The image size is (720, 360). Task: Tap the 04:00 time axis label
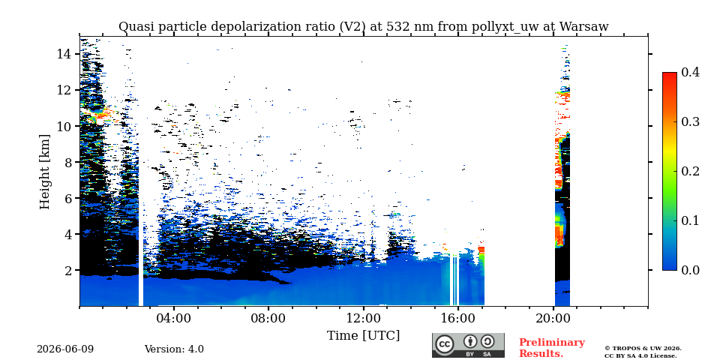[174, 318]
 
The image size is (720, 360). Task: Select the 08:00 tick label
[268, 318]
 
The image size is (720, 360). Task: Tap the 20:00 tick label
[553, 318]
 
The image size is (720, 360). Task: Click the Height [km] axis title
[44, 172]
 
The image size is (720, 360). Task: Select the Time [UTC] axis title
[363, 335]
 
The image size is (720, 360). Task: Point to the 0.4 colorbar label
[690, 72]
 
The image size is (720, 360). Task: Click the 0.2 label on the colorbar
[690, 171]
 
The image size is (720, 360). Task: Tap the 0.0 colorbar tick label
[690, 270]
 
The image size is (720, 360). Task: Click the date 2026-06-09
[65, 349]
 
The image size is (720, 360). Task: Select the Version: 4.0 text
[174, 349]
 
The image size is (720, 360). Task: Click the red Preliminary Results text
[552, 348]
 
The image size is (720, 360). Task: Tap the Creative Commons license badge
[468, 345]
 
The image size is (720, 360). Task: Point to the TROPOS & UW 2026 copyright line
[643, 349]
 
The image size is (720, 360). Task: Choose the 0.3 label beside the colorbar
[690, 121]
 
